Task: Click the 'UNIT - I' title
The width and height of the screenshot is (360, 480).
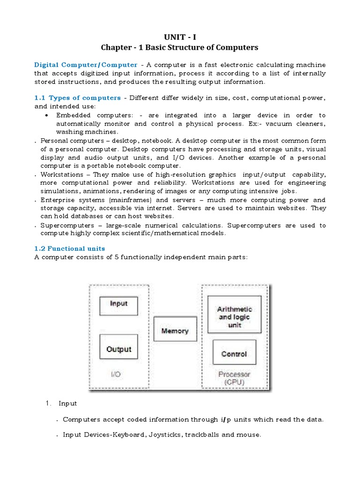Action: click(180, 37)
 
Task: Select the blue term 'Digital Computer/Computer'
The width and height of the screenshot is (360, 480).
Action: click(86, 65)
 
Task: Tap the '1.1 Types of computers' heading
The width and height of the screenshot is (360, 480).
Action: click(77, 98)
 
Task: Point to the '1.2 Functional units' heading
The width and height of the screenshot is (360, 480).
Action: click(69, 248)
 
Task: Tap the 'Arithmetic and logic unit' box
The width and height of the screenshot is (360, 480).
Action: click(234, 314)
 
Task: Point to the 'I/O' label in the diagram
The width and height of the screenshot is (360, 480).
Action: click(115, 375)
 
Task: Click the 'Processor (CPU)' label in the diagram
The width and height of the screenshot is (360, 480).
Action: click(234, 378)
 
